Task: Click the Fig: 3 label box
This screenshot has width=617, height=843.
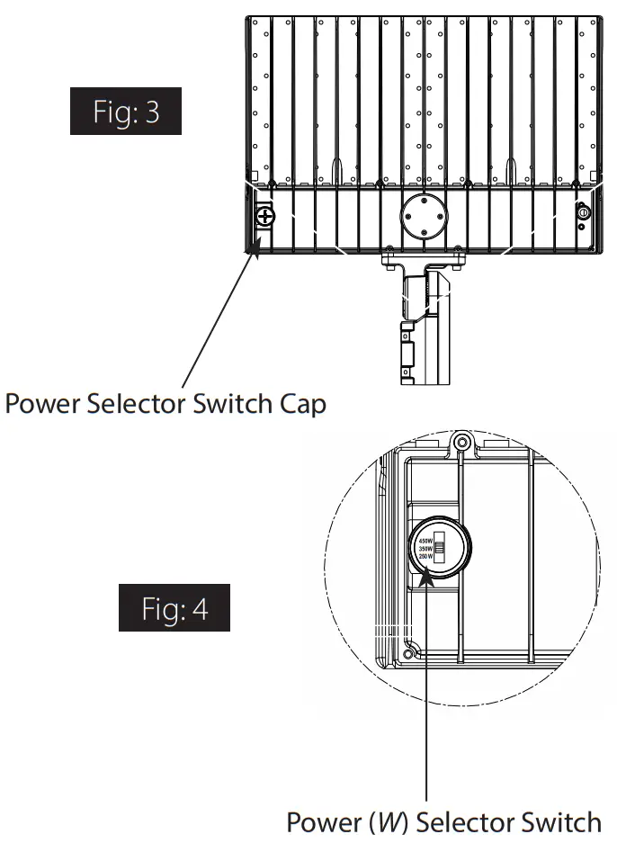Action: point(126,112)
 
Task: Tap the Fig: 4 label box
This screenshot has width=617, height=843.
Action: point(174,608)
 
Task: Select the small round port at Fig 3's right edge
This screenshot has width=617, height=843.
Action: point(583,214)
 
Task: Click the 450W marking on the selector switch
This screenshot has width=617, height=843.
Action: point(426,541)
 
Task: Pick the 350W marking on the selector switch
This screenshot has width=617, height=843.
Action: point(426,549)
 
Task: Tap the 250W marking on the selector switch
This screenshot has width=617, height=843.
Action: point(426,557)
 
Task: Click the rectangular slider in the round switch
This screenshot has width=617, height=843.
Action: point(442,549)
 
